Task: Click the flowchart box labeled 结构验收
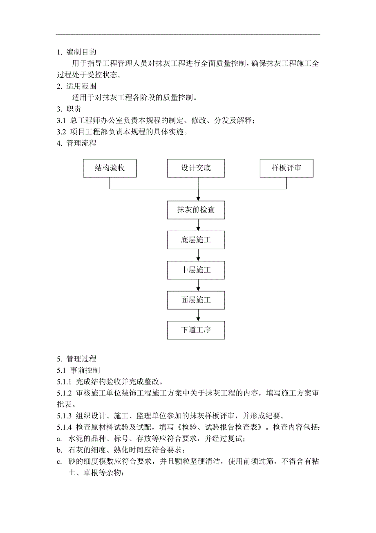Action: pyautogui.click(x=110, y=168)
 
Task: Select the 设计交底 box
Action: pyautogui.click(x=196, y=168)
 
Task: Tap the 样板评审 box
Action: pyautogui.click(x=286, y=168)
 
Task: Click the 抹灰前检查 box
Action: pyautogui.click(x=196, y=210)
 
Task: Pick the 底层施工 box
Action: pyautogui.click(x=196, y=240)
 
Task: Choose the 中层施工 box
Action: pyautogui.click(x=196, y=270)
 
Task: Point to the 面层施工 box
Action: pyautogui.click(x=196, y=300)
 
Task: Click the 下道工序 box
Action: pyautogui.click(x=196, y=330)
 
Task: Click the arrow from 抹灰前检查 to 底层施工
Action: pyautogui.click(x=198, y=225)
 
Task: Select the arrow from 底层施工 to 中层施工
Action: pyautogui.click(x=198, y=255)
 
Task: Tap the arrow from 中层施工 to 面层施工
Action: pyautogui.click(x=198, y=285)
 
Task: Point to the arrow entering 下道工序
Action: pyautogui.click(x=198, y=315)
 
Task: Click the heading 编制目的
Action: pyautogui.click(x=81, y=52)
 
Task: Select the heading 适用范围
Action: pyautogui.click(x=81, y=86)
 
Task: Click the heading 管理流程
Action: pyautogui.click(x=81, y=143)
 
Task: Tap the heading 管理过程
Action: pyautogui.click(x=81, y=359)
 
